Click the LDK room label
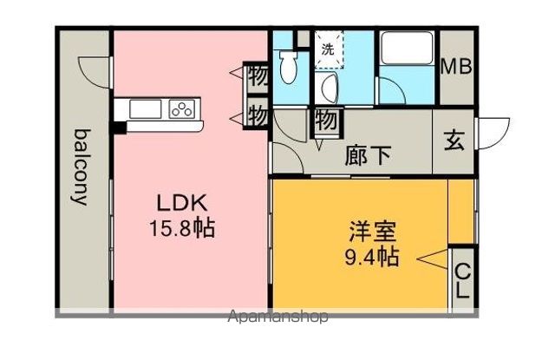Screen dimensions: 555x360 click(181, 203)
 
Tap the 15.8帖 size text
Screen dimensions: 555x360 click(181, 228)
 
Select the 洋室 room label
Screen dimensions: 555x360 click(372, 231)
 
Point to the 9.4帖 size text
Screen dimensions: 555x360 click(372, 257)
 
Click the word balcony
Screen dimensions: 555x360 click(82, 167)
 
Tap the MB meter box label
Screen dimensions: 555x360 click(456, 66)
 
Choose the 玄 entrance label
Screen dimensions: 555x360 click(454, 141)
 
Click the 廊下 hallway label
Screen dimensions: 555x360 click(369, 155)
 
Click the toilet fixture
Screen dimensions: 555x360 click(289, 68)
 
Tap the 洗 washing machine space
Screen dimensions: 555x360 click(329, 49)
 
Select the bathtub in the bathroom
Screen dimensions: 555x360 click(407, 48)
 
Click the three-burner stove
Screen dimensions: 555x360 click(182, 108)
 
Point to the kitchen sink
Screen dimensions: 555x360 click(146, 108)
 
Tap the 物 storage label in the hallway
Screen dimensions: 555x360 click(326, 120)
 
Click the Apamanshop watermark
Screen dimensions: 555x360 click(277, 316)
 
